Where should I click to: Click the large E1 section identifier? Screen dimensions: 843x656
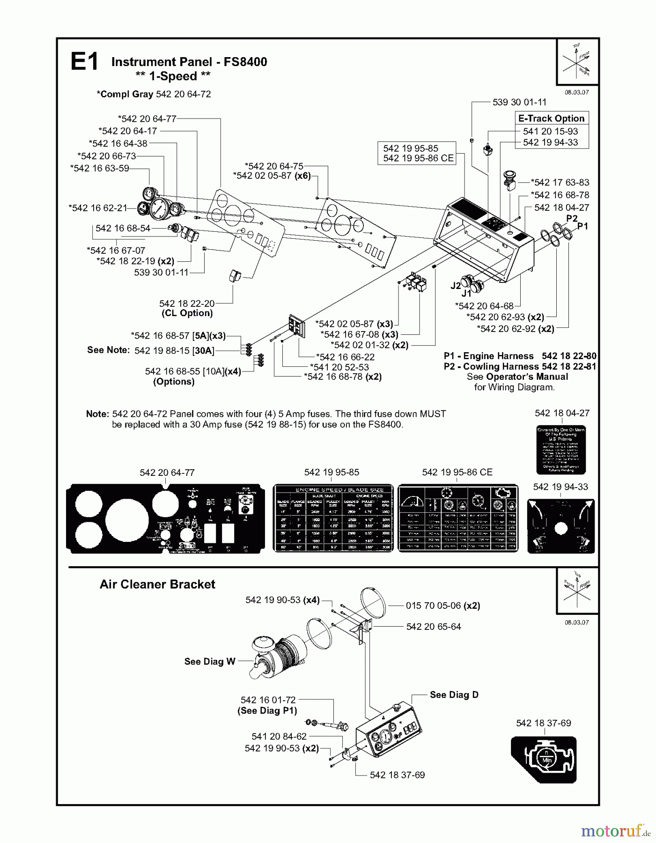point(84,62)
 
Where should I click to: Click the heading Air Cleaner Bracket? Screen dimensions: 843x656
point(157,584)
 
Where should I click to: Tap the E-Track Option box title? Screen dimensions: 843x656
point(551,118)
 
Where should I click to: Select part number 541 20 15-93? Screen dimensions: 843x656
point(550,132)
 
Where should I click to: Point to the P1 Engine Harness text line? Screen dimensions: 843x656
point(520,356)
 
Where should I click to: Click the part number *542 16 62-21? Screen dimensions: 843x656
point(98,207)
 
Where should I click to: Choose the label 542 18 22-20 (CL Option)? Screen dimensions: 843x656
point(187,308)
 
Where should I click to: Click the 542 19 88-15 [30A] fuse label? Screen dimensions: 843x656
point(174,350)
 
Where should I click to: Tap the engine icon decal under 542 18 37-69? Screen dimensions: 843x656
point(544,760)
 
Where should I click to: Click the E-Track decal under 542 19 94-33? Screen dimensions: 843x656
point(560,526)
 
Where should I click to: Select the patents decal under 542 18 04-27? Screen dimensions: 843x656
point(561,450)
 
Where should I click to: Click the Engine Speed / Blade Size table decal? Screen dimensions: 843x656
point(333,518)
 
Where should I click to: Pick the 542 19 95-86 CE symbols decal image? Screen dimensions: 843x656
point(458,518)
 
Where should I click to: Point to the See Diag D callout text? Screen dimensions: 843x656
point(454,695)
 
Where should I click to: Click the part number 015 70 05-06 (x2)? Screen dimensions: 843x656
point(442,606)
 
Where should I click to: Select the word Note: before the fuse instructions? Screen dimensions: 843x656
point(97,414)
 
